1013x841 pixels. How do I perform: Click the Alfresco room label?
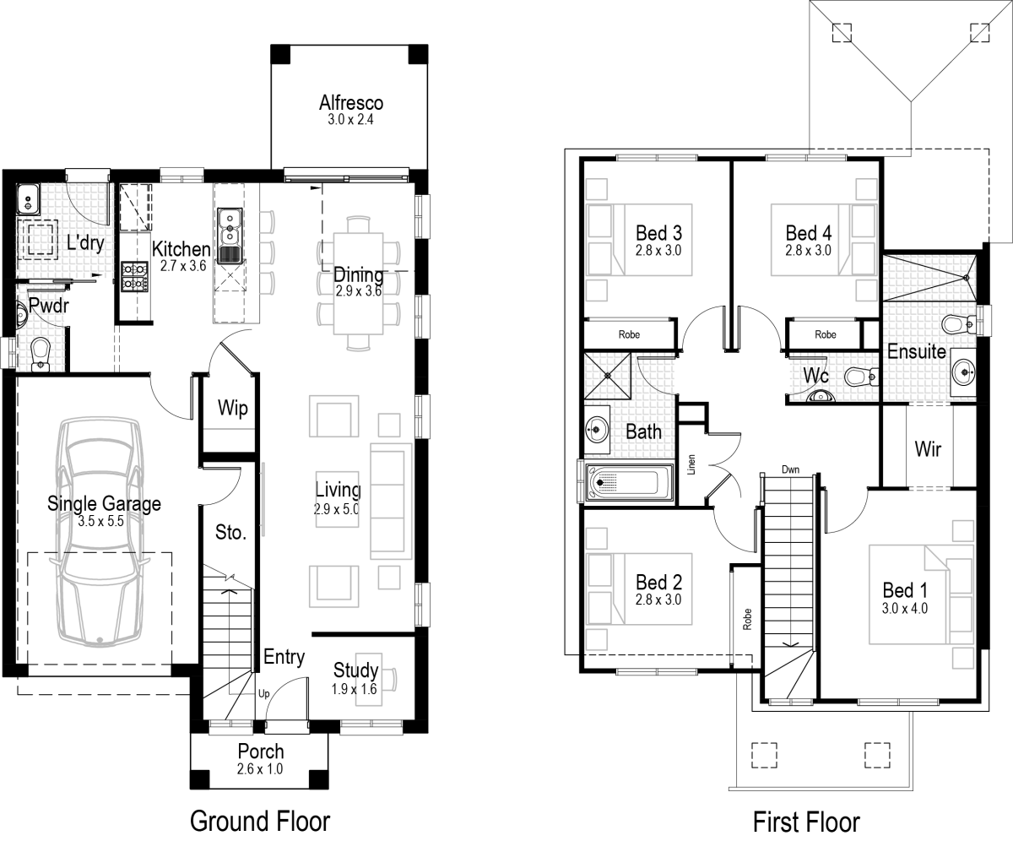click(x=350, y=103)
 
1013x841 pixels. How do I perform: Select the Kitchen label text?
click(x=181, y=248)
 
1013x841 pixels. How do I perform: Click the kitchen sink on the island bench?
click(x=230, y=237)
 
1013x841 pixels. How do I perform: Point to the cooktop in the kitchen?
click(x=134, y=277)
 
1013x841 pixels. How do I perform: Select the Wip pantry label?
click(x=232, y=409)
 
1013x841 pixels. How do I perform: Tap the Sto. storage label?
click(x=230, y=533)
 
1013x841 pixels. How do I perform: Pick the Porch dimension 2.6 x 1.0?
click(x=260, y=769)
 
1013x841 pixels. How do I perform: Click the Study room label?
click(x=355, y=671)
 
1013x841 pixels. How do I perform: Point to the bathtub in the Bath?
click(x=627, y=483)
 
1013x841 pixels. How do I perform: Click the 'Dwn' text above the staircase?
click(x=790, y=469)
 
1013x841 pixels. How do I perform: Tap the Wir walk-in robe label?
click(x=928, y=448)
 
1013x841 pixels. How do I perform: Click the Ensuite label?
click(x=916, y=351)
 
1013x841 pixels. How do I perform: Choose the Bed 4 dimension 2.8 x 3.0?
click(x=808, y=250)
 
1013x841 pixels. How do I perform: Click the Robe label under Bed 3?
click(x=629, y=334)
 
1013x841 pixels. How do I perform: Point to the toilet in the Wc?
click(x=857, y=377)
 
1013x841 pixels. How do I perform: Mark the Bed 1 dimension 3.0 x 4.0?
click(x=905, y=607)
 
